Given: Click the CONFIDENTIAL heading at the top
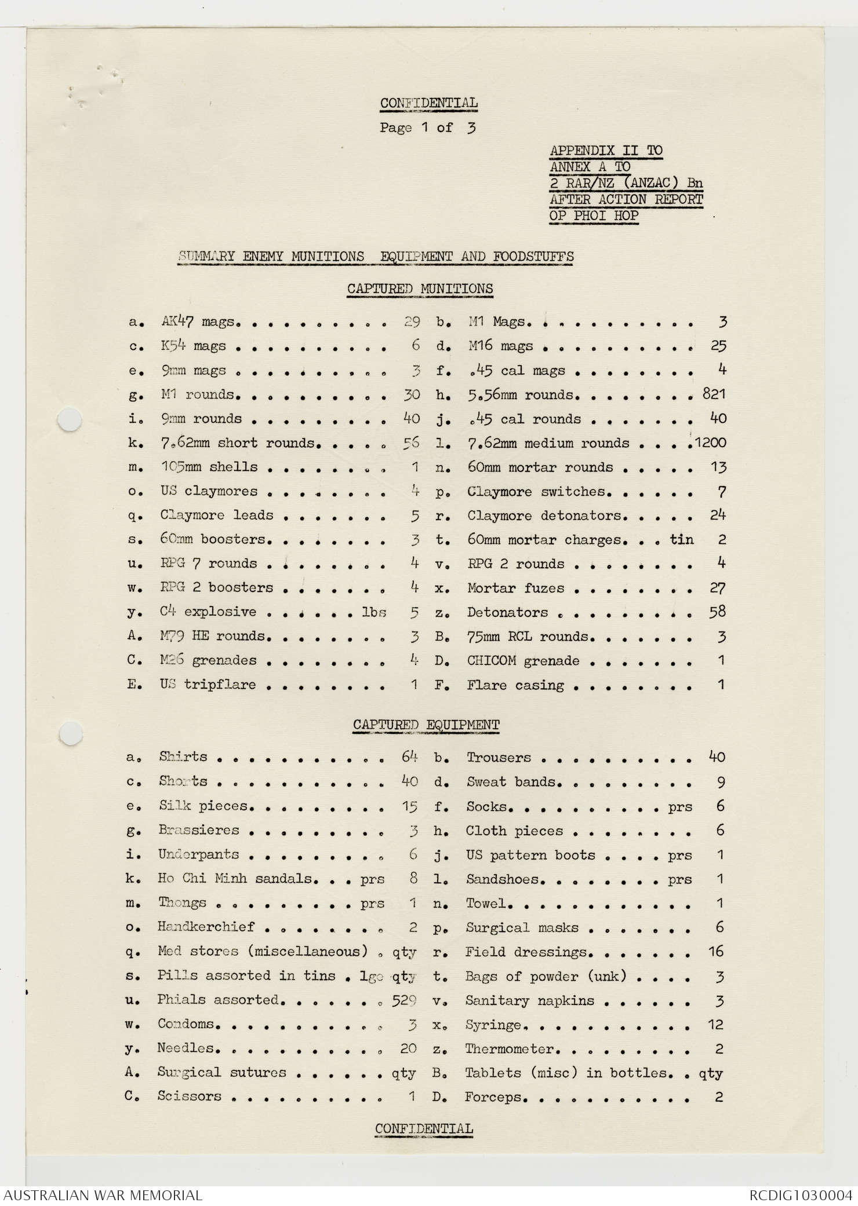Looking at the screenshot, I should point(429,103).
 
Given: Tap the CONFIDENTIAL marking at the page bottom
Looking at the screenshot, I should point(424,1128).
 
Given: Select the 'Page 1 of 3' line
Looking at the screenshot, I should point(428,127).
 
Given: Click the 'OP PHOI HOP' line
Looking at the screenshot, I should point(594,216).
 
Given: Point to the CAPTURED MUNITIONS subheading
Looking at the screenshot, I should point(420,288).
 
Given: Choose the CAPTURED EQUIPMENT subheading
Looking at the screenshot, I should point(426,725).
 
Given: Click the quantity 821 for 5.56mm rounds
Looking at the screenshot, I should point(714,394).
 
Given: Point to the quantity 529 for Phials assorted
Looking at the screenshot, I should point(404,1000).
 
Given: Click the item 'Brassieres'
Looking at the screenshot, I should point(198,830).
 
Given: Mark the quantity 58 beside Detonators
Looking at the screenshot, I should point(718,612).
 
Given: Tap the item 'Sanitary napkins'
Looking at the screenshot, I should point(529,1000).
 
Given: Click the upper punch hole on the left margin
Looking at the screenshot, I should point(70,419).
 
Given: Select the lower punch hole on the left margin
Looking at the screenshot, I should point(70,733).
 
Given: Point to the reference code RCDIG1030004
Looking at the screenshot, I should point(801,1195).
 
